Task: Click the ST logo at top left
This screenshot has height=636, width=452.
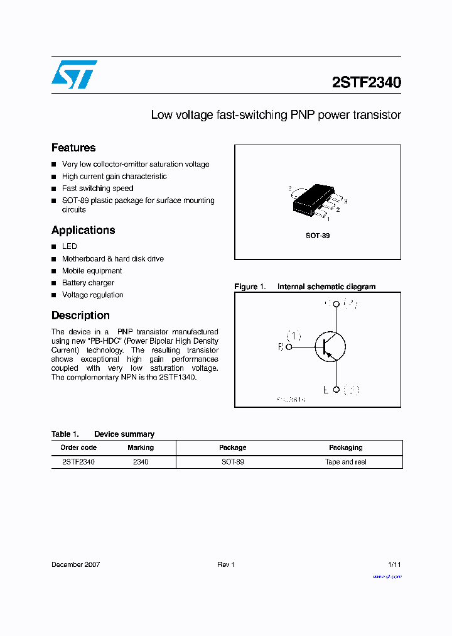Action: tap(74, 74)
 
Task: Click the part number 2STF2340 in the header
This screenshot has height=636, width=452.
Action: tap(366, 82)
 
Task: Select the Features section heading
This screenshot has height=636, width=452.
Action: tap(73, 148)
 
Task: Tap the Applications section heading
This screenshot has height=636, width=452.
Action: tap(83, 230)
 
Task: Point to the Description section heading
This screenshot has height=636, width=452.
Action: tap(80, 315)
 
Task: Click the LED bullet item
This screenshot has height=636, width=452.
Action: tap(69, 246)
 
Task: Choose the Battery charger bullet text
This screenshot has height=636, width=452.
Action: tap(88, 283)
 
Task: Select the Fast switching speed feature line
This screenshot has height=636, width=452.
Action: tap(97, 189)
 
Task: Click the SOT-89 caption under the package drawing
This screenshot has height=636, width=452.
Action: tap(318, 236)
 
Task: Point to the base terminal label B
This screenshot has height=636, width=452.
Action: tap(281, 346)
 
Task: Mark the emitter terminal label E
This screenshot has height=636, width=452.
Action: tap(326, 390)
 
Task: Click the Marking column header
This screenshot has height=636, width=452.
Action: tap(140, 447)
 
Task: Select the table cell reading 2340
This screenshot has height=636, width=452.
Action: tap(141, 462)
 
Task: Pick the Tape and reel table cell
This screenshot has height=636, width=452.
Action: tap(345, 462)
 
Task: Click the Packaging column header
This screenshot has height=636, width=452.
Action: tap(345, 447)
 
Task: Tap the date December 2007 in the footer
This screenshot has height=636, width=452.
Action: tap(75, 564)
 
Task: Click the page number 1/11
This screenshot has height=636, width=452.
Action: tap(394, 564)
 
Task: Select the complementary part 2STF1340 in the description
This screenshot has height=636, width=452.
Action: tap(178, 377)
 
